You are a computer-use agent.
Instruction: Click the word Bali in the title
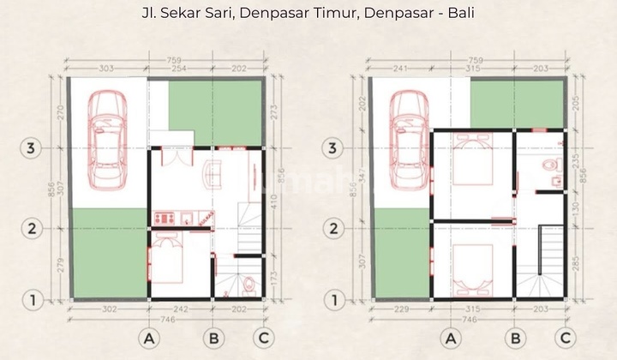click(x=455, y=14)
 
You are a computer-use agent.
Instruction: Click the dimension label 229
click(x=399, y=308)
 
